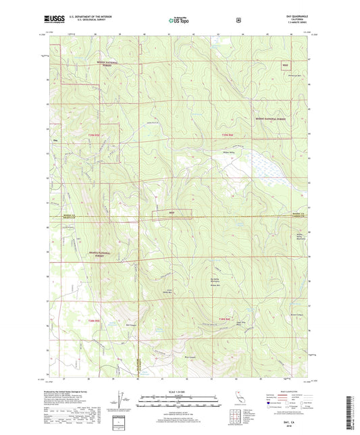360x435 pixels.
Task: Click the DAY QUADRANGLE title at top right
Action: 286,18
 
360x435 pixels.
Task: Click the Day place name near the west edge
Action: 55,140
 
